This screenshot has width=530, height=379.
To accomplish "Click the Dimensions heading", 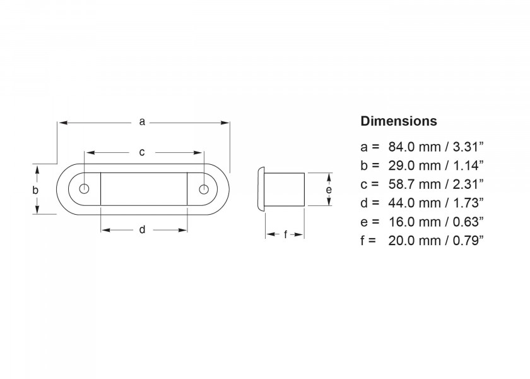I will (398, 121).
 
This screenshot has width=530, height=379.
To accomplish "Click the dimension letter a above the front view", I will (142, 121).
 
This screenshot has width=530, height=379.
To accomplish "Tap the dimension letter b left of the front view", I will (36, 189).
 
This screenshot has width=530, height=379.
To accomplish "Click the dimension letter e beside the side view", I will (328, 189).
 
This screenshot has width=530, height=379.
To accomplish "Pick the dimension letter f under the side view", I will (285, 234).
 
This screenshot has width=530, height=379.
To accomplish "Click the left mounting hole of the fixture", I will (85, 189).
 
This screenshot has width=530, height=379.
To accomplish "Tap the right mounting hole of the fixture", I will (203, 189).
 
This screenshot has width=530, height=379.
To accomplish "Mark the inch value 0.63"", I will (466, 221).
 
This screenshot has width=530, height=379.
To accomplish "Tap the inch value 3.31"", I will (466, 147).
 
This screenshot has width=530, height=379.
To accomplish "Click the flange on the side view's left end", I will (261, 189).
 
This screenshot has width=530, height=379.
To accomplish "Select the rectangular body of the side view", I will (285, 189).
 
